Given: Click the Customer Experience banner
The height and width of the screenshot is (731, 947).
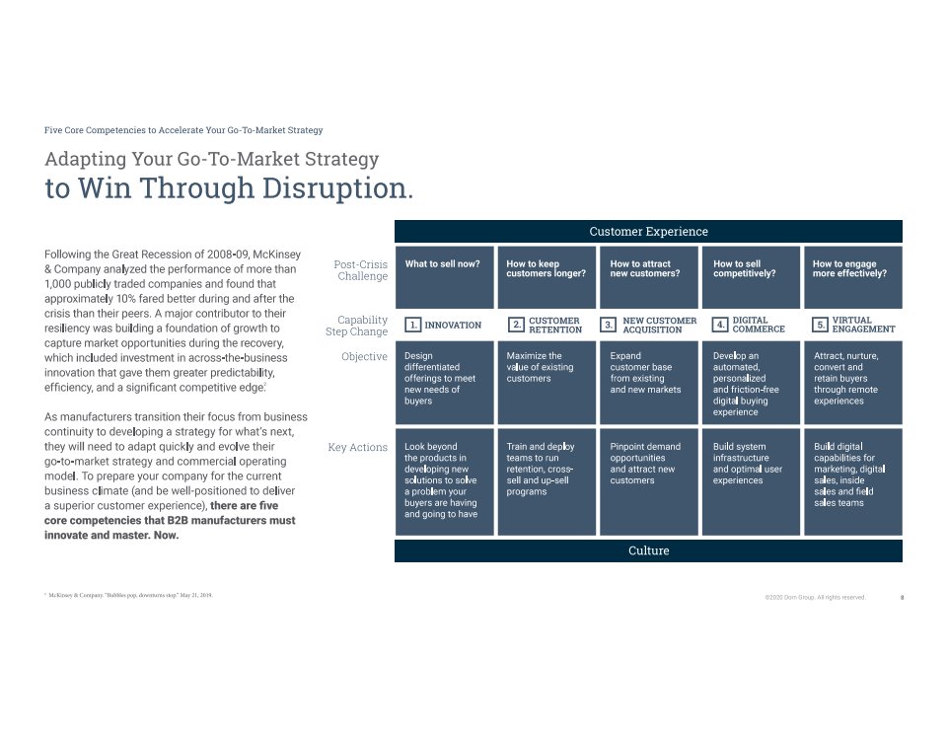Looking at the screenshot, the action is pyautogui.click(x=648, y=232).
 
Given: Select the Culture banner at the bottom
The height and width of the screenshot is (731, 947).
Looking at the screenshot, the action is pyautogui.click(x=648, y=550).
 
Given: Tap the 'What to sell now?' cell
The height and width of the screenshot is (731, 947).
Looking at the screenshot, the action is pyautogui.click(x=445, y=277).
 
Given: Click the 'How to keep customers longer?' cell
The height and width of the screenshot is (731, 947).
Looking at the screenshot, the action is pyautogui.click(x=546, y=277).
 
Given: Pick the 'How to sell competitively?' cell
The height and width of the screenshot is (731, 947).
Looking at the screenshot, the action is pyautogui.click(x=751, y=277).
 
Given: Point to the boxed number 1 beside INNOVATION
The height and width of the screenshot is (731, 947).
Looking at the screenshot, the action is pyautogui.click(x=413, y=325).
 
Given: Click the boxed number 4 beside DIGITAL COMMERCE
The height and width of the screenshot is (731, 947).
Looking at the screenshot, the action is pyautogui.click(x=720, y=325).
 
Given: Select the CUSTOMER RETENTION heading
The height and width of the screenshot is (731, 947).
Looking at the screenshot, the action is pyautogui.click(x=555, y=325).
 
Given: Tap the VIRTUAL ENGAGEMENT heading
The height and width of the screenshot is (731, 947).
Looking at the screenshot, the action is pyautogui.click(x=863, y=325).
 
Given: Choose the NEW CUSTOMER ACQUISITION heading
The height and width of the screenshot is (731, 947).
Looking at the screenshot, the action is pyautogui.click(x=660, y=325).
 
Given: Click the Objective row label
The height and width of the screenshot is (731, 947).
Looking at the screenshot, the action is pyautogui.click(x=364, y=356).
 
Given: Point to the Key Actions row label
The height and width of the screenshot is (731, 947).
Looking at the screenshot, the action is pyautogui.click(x=357, y=447).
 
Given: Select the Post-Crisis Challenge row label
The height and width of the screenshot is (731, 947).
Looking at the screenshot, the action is pyautogui.click(x=361, y=270).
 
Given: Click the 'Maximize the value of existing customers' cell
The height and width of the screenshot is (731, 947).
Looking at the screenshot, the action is pyautogui.click(x=546, y=383).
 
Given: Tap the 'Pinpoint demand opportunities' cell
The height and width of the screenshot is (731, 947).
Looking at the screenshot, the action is pyautogui.click(x=649, y=482).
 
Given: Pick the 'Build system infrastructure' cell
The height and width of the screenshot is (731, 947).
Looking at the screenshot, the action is pyautogui.click(x=751, y=482).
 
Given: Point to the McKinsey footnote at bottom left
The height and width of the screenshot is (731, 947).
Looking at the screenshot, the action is pyautogui.click(x=128, y=595).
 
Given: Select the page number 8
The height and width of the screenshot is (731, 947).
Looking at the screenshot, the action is pyautogui.click(x=902, y=598).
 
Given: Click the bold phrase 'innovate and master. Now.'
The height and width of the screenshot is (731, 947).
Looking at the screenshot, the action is pyautogui.click(x=111, y=536).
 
